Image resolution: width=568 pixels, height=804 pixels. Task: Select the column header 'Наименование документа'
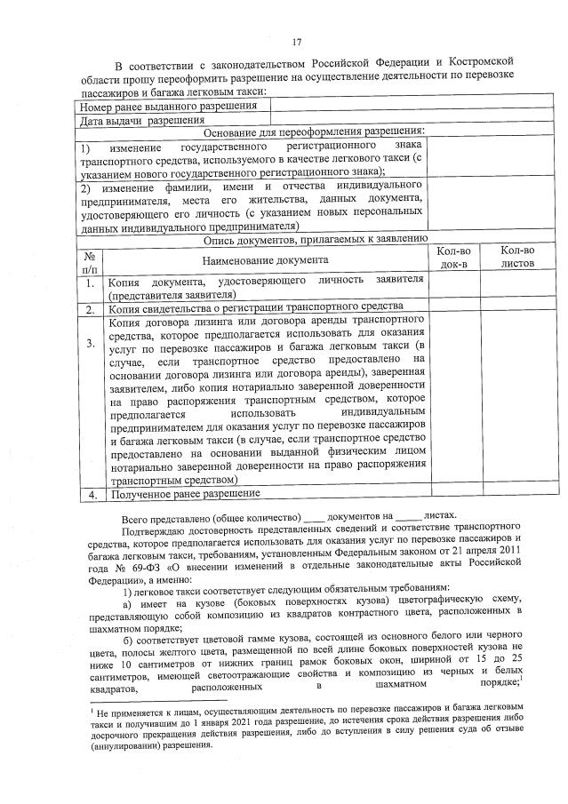pos(265,259)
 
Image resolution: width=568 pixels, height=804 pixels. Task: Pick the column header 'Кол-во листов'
pos(517,258)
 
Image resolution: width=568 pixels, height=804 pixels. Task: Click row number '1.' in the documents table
pos(91,284)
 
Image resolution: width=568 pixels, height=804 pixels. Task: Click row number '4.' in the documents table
pos(91,494)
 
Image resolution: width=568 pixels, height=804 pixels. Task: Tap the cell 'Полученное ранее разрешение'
pos(185,493)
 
